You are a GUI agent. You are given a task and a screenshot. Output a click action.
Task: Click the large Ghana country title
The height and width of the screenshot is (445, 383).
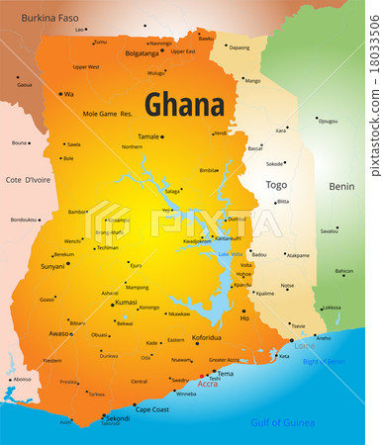click(185, 103)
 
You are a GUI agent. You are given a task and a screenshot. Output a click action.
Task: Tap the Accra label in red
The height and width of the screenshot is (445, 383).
click(208, 383)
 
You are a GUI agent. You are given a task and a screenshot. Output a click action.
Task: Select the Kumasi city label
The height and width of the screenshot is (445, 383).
click(126, 302)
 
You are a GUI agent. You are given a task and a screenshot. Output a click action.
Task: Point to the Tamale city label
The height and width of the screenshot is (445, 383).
click(148, 135)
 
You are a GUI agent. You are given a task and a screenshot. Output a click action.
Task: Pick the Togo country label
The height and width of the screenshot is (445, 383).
click(276, 185)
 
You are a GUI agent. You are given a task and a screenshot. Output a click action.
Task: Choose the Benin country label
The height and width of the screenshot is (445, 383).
click(341, 186)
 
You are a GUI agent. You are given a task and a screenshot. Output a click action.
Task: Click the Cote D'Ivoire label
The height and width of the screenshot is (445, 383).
click(27, 179)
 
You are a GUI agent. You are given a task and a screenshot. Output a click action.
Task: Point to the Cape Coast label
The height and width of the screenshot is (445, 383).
click(151, 408)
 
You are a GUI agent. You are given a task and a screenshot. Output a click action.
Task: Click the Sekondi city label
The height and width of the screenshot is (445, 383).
click(117, 418)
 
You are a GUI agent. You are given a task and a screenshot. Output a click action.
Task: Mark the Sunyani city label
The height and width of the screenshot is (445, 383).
click(52, 266)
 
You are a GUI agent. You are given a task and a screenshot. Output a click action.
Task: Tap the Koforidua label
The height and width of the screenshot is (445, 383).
click(206, 337)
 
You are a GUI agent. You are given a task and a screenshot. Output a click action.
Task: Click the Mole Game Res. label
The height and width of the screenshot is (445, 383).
click(107, 114)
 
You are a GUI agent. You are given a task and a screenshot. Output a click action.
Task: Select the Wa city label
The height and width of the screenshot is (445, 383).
click(68, 94)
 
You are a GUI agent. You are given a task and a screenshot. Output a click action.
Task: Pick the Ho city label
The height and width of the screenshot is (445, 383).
click(244, 318)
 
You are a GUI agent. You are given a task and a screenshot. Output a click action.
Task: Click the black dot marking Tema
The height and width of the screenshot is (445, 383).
click(212, 374)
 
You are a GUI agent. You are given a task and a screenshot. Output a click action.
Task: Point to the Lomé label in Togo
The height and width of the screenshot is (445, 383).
click(305, 346)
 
